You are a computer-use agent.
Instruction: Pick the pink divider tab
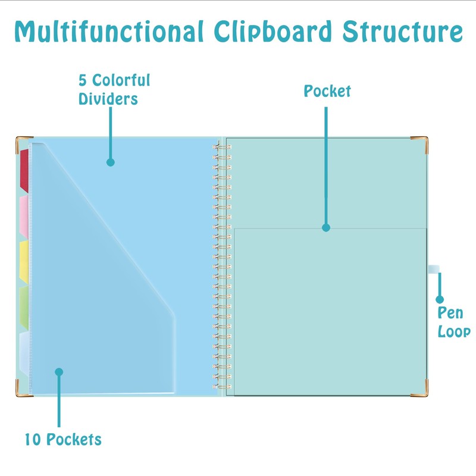tap(24, 215)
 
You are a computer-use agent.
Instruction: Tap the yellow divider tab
tap(24, 261)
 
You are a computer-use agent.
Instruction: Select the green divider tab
tap(24, 307)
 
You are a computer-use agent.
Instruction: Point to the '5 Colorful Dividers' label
tap(114, 89)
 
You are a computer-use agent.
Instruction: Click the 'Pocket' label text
tap(327, 91)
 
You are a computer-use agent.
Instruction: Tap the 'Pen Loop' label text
tap(454, 322)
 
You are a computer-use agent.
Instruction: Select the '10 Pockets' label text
tap(63, 440)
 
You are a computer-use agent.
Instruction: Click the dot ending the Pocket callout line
tap(326, 227)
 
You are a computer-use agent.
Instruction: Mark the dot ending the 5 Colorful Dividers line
tap(110, 162)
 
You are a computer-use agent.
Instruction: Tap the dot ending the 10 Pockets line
tap(59, 372)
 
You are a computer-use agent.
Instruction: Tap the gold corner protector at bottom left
tap(22, 390)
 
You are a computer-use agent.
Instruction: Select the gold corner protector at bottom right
tap(421, 388)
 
